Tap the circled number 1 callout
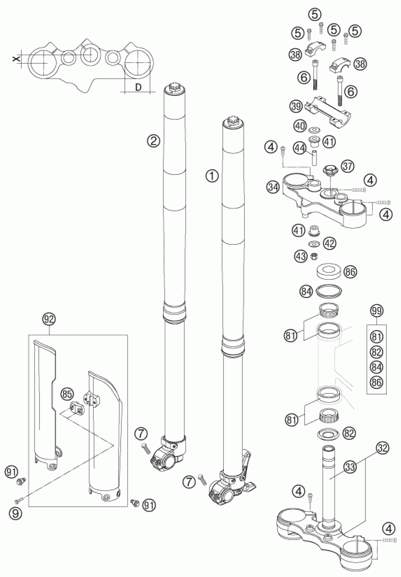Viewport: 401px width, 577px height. [212, 176]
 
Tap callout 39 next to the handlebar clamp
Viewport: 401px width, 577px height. [297, 106]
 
